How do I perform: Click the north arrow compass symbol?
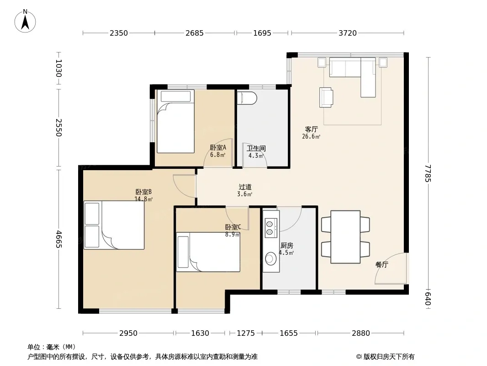(25, 21)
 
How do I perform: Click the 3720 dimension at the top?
(348, 33)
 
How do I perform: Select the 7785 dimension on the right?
(428, 173)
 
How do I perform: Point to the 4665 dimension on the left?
(58, 239)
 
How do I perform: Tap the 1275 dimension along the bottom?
(246, 334)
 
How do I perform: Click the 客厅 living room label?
(311, 129)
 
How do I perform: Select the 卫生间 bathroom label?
(256, 149)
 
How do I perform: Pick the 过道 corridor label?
(245, 187)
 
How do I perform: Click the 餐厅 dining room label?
(382, 264)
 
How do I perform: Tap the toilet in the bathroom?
(247, 98)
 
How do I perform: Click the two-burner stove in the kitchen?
(270, 228)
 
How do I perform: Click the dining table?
(345, 237)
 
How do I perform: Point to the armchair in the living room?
(326, 97)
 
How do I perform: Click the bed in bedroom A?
(175, 122)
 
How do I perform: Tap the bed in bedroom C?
(208, 252)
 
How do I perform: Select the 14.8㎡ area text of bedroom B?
(143, 199)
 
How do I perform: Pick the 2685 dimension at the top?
(195, 33)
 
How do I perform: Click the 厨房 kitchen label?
(286, 246)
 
